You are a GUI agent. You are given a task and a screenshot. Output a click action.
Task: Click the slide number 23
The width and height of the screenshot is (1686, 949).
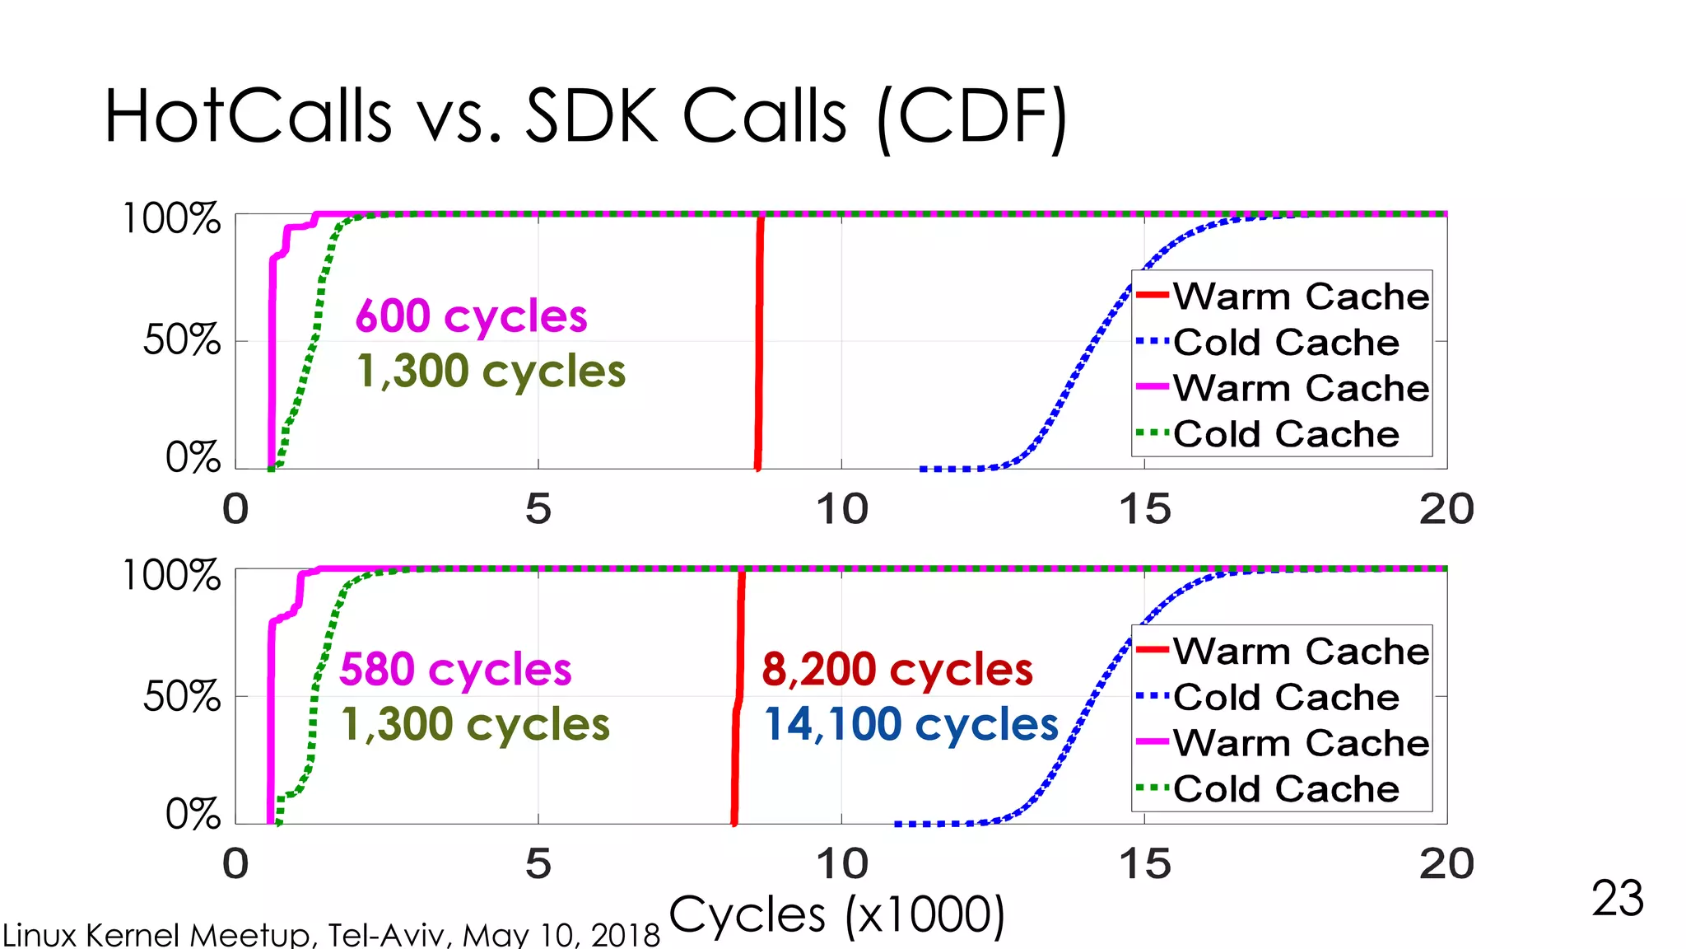click(x=1617, y=899)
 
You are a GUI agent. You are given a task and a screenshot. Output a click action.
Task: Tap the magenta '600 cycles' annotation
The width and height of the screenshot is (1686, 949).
click(x=471, y=316)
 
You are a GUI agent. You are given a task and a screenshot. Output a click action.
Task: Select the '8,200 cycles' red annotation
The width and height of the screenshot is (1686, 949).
click(x=897, y=670)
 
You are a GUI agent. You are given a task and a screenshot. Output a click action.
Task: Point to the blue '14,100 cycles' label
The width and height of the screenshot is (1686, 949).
click(x=911, y=725)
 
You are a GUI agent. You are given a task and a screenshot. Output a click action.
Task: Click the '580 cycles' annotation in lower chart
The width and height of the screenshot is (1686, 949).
click(x=455, y=670)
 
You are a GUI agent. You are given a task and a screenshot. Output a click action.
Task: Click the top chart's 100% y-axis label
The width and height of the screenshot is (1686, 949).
click(x=171, y=220)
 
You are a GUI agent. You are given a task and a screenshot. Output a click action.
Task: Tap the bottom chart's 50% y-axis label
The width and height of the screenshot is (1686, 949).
click(x=181, y=697)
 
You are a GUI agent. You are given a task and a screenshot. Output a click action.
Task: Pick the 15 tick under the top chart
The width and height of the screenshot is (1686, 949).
click(x=1144, y=509)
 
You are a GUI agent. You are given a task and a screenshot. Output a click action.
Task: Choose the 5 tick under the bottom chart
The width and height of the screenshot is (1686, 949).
click(x=538, y=864)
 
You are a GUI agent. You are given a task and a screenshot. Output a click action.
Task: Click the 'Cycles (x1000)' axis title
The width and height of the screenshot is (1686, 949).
click(x=836, y=915)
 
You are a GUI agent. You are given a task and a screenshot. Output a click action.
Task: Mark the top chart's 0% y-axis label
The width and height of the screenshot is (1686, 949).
click(x=193, y=458)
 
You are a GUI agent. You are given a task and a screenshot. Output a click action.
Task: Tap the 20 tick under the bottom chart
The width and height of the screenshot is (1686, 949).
click(x=1446, y=864)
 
